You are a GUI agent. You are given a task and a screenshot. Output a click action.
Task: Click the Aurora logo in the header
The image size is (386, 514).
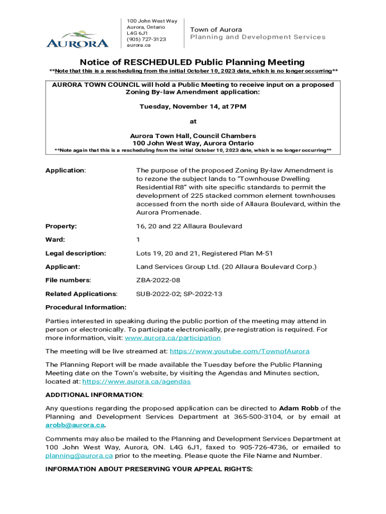tap(77, 39)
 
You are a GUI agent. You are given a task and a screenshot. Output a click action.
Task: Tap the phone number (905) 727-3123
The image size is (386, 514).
tap(146, 39)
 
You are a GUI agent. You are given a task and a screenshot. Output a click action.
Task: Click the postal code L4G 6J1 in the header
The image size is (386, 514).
tap(137, 33)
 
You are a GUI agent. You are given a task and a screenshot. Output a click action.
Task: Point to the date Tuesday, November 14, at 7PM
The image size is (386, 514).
tap(192, 107)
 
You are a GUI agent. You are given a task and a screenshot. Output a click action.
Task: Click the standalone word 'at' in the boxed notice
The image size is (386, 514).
tap(193, 121)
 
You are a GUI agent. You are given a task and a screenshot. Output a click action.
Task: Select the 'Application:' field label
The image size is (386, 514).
tap(66, 171)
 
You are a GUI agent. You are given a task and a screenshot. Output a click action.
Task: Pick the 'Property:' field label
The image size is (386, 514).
tap(61, 226)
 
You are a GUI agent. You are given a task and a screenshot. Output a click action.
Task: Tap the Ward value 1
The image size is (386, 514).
tap(138, 240)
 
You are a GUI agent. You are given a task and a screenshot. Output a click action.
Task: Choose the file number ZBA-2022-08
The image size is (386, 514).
tap(158, 281)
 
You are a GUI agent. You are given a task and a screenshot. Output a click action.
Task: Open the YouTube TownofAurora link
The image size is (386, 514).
tap(240, 351)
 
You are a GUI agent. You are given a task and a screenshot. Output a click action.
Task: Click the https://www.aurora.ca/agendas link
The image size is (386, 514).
tap(136, 381)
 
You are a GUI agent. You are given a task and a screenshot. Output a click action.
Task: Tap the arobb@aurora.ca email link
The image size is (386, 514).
tap(75, 425)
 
